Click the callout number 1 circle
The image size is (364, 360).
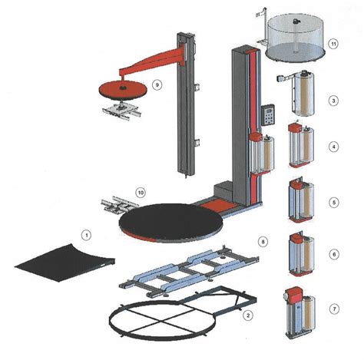pyautogui.click(x=87, y=233)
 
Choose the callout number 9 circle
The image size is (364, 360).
pyautogui.click(x=156, y=85)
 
